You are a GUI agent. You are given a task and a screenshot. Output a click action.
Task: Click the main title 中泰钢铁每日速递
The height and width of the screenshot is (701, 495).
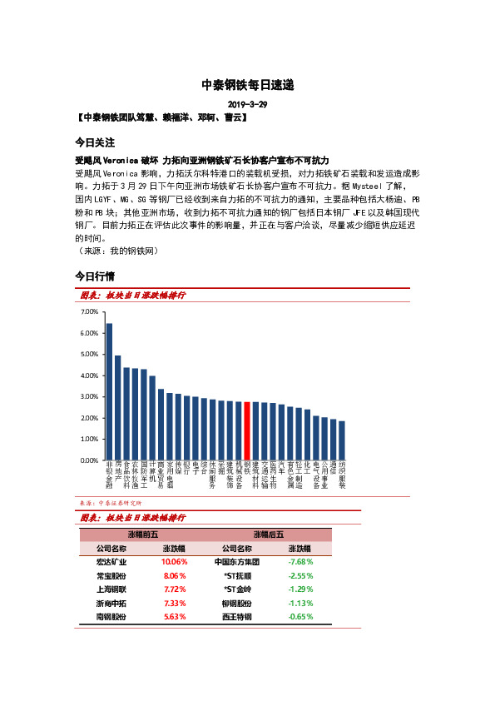247,85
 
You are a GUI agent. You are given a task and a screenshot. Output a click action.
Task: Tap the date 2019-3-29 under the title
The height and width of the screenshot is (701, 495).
247,104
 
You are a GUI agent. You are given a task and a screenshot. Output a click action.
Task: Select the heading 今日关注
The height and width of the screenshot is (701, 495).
94,142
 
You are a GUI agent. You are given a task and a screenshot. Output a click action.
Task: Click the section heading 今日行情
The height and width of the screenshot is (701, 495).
94,276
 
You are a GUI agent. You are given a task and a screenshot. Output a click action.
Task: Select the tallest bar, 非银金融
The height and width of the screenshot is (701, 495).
109,391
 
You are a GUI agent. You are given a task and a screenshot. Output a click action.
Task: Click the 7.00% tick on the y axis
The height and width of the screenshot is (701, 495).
89,311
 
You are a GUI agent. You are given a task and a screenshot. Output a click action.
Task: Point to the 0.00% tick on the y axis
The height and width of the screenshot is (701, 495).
89,460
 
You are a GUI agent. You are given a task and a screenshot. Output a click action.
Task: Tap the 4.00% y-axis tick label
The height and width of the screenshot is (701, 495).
89,375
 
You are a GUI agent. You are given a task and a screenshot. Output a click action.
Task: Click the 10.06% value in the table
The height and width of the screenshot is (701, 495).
174,562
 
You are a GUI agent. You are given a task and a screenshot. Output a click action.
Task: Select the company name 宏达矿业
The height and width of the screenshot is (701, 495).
110,562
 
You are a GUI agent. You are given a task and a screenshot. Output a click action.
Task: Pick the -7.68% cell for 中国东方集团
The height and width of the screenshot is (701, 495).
300,562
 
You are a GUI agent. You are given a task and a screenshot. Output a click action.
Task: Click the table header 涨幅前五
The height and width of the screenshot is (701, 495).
141,534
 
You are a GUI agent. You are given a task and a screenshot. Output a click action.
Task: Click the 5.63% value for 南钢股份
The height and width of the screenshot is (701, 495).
174,617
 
